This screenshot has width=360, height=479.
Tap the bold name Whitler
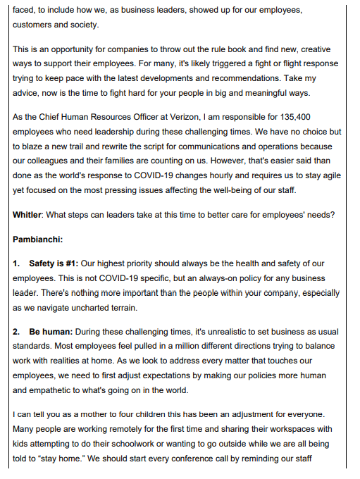coord(30,213)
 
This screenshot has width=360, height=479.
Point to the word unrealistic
coord(230,331)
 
